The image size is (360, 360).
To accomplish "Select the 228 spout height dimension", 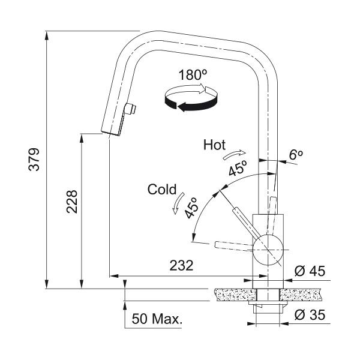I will tap(70, 202).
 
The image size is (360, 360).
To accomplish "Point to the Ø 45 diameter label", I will tap(310, 271).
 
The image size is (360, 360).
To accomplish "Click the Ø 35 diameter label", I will tap(310, 315).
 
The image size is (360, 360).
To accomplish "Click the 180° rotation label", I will tap(193, 76).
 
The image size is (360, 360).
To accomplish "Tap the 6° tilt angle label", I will tap(295, 155).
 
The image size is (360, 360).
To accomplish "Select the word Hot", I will tap(214, 145).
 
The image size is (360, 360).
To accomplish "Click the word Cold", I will tap(161, 190).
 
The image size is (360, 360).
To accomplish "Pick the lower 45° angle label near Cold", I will tap(192, 208).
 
